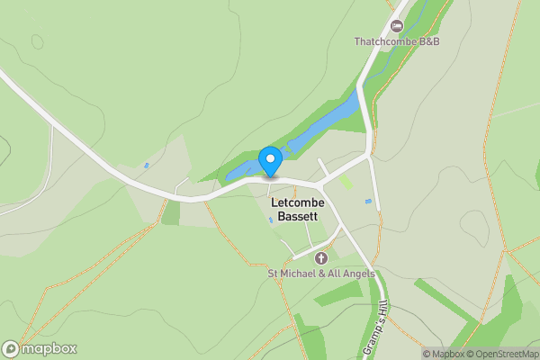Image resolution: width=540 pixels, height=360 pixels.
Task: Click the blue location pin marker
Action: (x=270, y=162)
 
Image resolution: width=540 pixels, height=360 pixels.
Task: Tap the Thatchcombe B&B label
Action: (x=395, y=42)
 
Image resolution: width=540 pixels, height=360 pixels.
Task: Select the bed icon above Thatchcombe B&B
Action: (x=396, y=25)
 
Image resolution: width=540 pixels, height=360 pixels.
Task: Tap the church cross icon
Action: (x=321, y=258)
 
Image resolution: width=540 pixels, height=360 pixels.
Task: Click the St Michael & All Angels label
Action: (x=321, y=274)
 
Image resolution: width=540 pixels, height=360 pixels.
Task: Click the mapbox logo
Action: (x=40, y=349)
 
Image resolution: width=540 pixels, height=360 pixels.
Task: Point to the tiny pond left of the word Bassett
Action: (x=271, y=220)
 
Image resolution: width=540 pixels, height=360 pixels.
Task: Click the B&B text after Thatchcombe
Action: (x=427, y=42)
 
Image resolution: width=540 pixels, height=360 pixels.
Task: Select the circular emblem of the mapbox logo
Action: (x=11, y=349)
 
